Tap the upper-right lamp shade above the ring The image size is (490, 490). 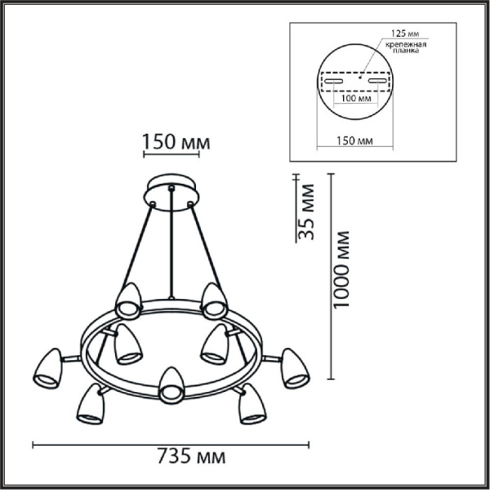(x=215, y=300)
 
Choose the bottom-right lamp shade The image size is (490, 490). (x=250, y=405)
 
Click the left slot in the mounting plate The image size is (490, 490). (x=334, y=82)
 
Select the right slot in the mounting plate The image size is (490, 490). (x=376, y=82)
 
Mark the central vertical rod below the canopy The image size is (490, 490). (x=171, y=245)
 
